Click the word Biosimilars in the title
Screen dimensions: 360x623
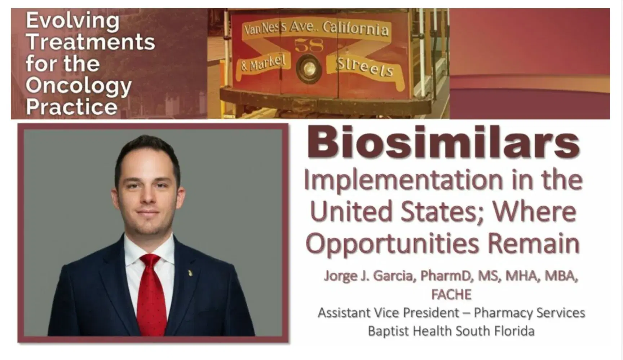(x=443, y=144)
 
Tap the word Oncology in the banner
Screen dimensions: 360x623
(x=79, y=85)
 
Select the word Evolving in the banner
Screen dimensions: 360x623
(x=72, y=21)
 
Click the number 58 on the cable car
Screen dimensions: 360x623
(x=309, y=46)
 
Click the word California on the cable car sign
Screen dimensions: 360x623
(x=355, y=28)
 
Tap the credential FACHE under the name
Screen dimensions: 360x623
(x=451, y=295)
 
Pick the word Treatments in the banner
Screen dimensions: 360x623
(x=90, y=42)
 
